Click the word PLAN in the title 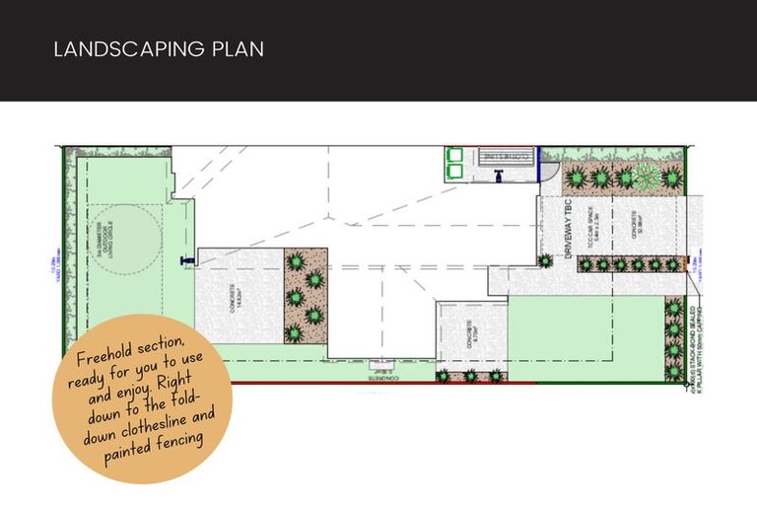pyautogui.click(x=238, y=48)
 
